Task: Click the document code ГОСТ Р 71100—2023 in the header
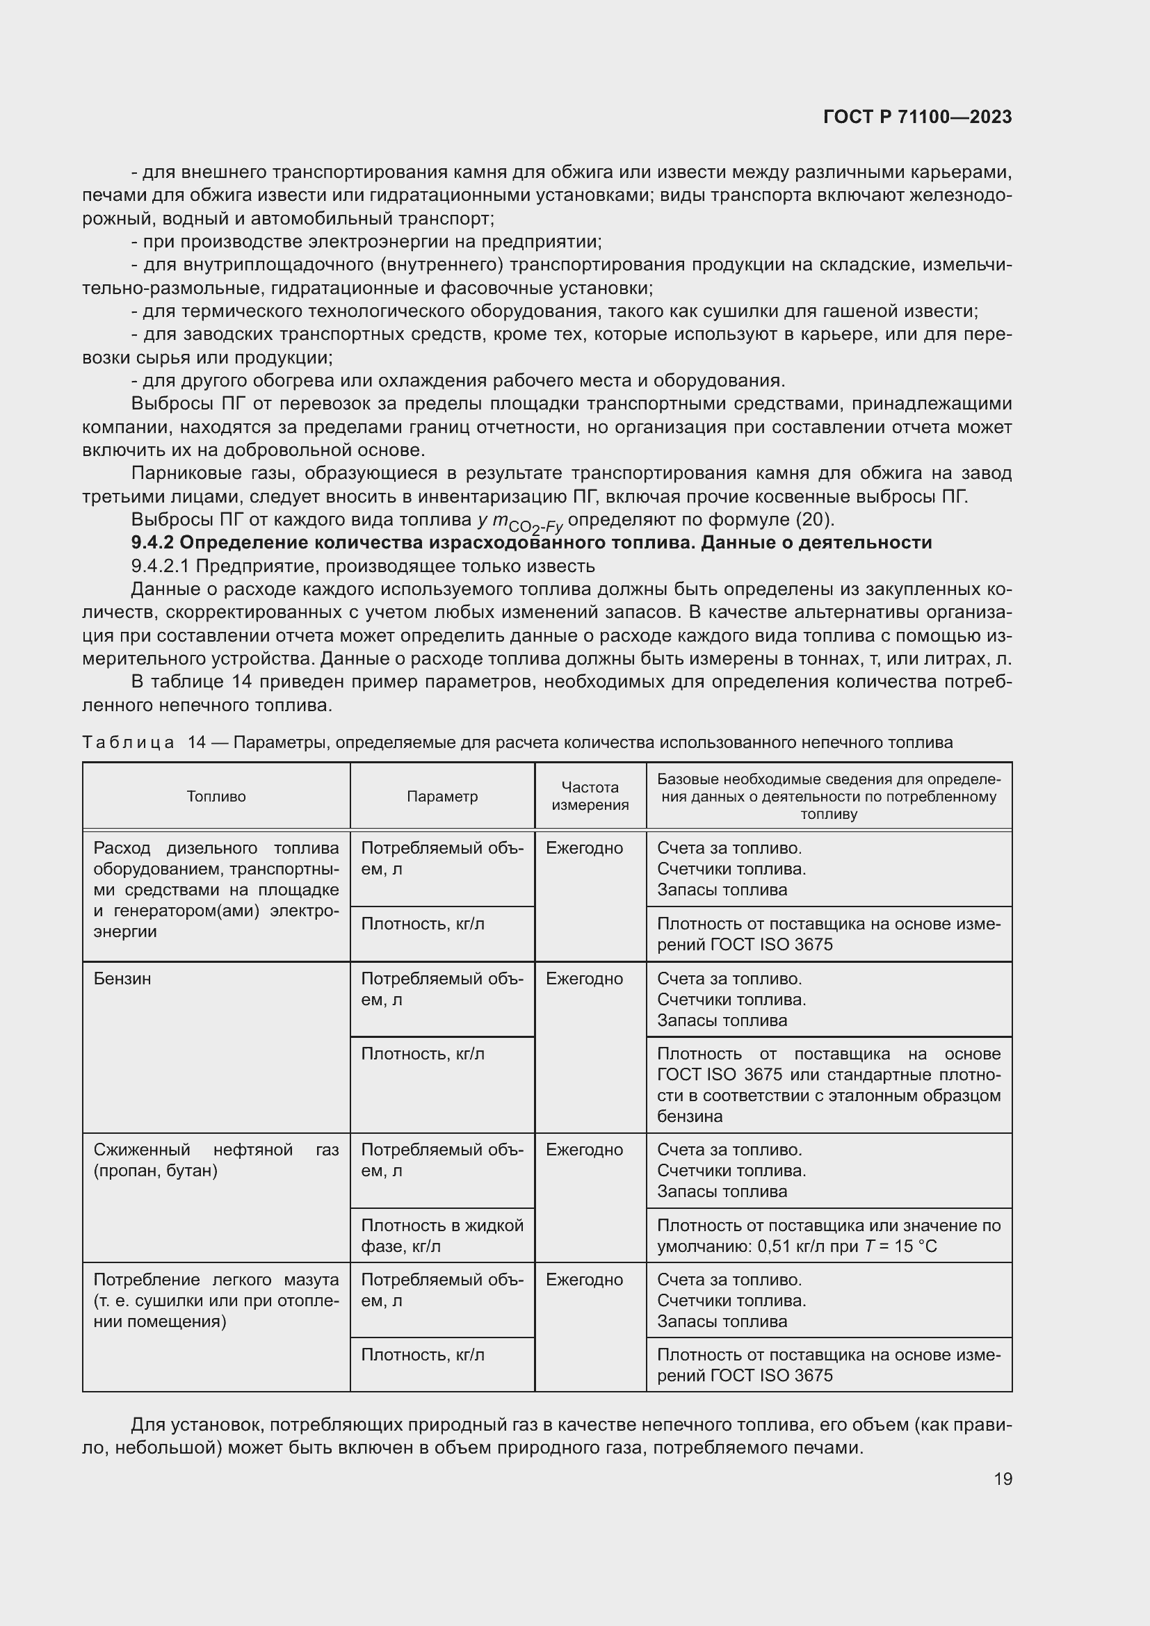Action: coord(917,117)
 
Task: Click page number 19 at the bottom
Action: coord(1003,1479)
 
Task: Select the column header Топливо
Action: coord(216,797)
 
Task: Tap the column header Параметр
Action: coord(442,797)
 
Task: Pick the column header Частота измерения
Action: coord(590,796)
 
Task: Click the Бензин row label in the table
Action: coord(122,979)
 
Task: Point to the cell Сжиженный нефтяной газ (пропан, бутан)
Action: coord(216,1160)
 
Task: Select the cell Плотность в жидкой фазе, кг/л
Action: coord(442,1235)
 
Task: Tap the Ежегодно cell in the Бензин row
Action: coord(584,979)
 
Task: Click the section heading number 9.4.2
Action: coord(152,543)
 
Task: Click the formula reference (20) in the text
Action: coord(814,520)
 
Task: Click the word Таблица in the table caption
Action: coord(128,743)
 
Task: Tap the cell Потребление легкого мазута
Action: coord(216,1300)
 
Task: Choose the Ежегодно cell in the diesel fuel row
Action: coord(584,848)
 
